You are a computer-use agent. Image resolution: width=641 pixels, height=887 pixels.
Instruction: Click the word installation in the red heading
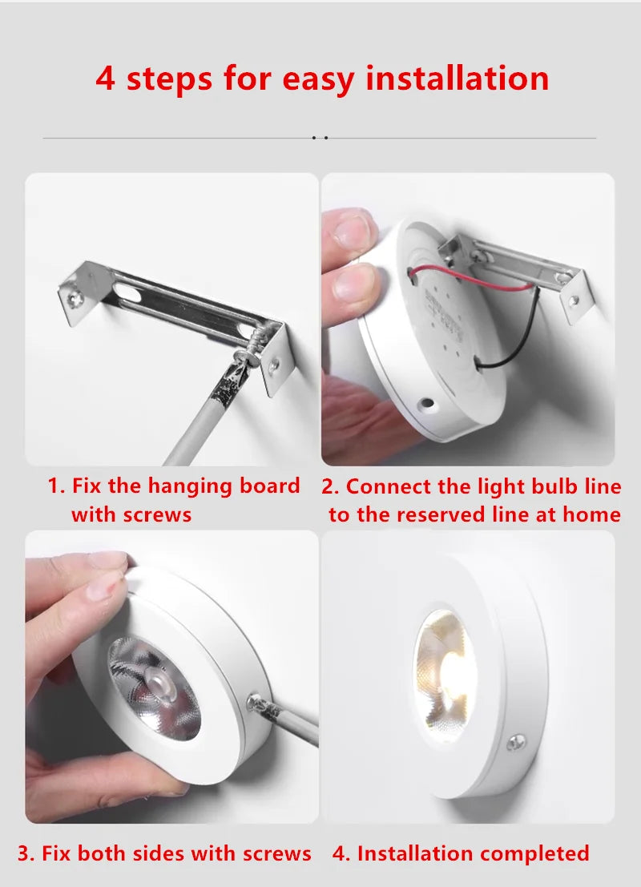tap(458, 79)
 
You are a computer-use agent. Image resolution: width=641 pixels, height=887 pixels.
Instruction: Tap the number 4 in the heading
tap(105, 79)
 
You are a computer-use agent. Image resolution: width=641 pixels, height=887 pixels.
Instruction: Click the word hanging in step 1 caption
tap(190, 486)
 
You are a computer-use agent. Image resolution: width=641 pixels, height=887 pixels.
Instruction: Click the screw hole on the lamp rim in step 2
tap(426, 406)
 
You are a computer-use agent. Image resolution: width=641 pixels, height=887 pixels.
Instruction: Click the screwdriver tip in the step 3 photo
tap(258, 702)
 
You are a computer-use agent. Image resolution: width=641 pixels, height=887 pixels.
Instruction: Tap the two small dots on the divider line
tap(320, 138)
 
